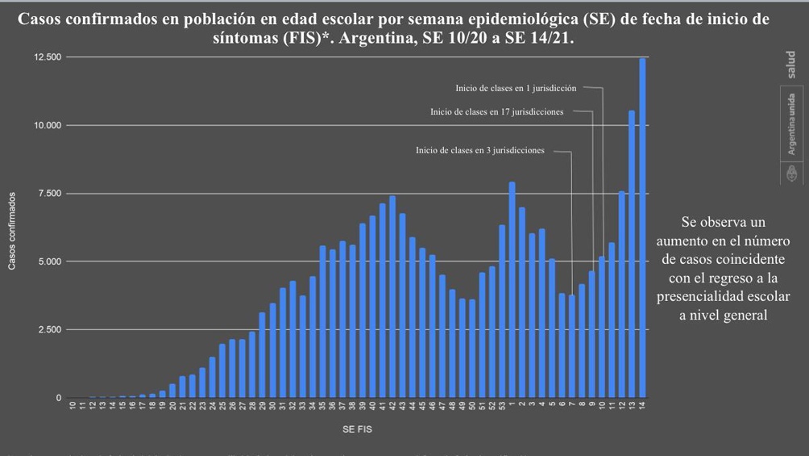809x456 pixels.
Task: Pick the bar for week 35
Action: pyautogui.click(x=322, y=322)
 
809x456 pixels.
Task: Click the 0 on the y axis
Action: pyautogui.click(x=58, y=398)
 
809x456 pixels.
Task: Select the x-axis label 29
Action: pyautogui.click(x=263, y=407)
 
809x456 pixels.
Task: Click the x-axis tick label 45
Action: pyautogui.click(x=422, y=407)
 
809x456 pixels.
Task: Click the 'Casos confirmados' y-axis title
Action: pyautogui.click(x=12, y=231)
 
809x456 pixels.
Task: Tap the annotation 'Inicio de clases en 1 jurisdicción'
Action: pyautogui.click(x=516, y=87)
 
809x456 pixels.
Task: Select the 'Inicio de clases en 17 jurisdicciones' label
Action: pyautogui.click(x=497, y=112)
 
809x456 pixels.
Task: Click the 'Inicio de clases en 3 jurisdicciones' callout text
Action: pyautogui.click(x=480, y=150)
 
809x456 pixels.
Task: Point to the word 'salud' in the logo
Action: pyautogui.click(x=791, y=65)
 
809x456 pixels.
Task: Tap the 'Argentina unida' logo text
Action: pyautogui.click(x=791, y=124)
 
